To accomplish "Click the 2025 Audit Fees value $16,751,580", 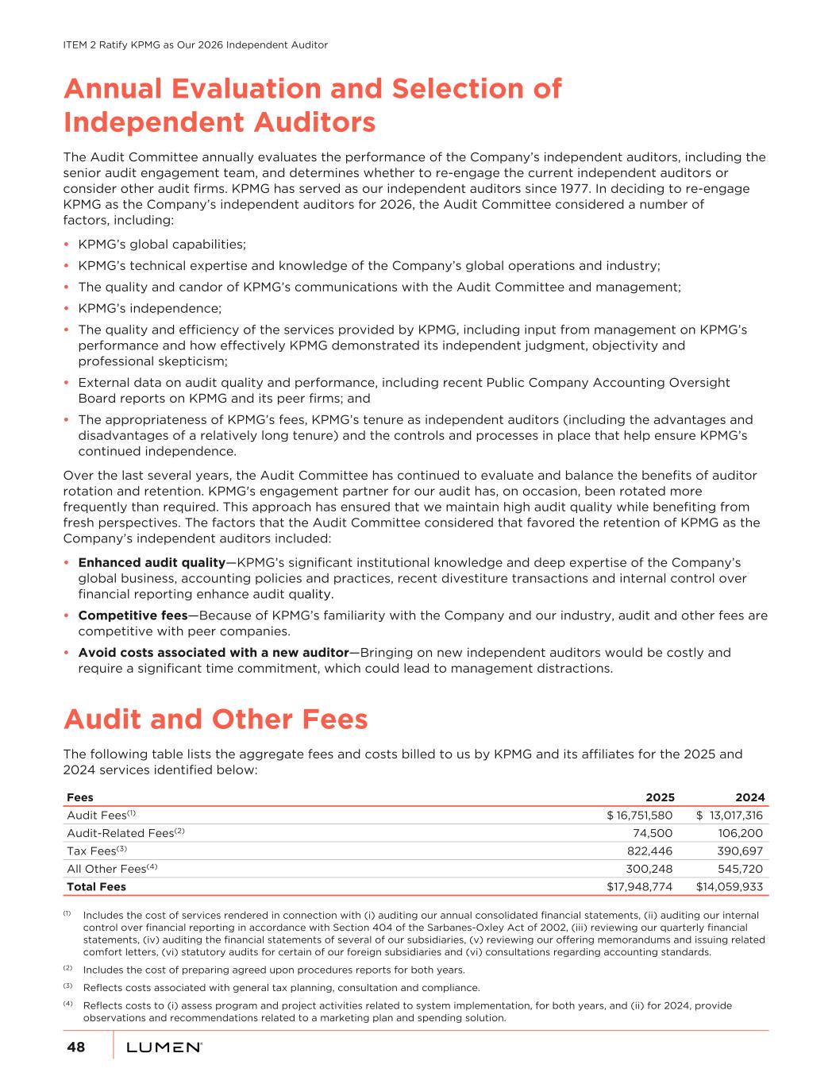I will click(639, 816).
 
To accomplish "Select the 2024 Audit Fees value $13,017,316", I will click(730, 816).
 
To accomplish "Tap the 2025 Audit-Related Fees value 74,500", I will click(652, 833).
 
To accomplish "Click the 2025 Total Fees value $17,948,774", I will click(639, 886).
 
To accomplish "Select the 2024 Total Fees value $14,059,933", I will click(730, 886).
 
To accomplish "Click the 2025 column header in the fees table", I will click(660, 797).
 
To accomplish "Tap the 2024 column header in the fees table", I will click(749, 797).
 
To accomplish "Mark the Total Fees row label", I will click(96, 886).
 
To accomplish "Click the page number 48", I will click(75, 1048).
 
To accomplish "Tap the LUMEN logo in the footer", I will click(164, 1048).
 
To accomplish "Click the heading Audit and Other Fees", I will click(215, 719).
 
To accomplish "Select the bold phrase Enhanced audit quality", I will click(151, 563).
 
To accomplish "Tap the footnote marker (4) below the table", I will click(67, 1005).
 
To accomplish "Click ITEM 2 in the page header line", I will click(80, 45).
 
